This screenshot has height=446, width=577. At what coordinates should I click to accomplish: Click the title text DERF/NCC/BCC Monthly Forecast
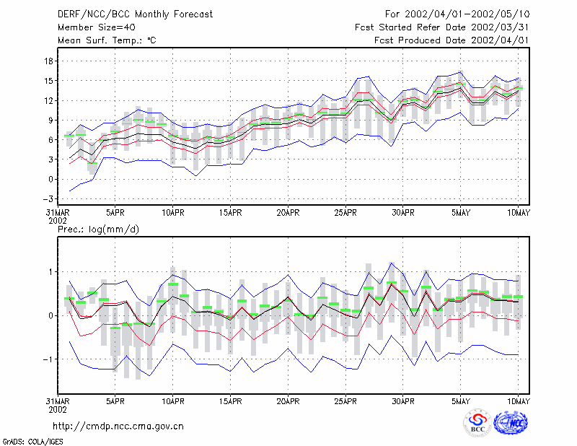tap(135, 14)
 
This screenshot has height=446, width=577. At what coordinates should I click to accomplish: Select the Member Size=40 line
tap(97, 27)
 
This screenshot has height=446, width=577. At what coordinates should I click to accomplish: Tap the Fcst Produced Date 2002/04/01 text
tap(452, 40)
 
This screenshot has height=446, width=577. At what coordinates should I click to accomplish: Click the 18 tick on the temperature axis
tap(48, 61)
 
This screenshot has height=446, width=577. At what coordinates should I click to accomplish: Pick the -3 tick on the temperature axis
tap(48, 199)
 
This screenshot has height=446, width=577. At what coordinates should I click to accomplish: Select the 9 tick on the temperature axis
tap(50, 120)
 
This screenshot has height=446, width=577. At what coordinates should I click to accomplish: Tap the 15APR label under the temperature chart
tap(230, 213)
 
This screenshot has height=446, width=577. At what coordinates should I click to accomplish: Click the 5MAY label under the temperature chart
tap(461, 213)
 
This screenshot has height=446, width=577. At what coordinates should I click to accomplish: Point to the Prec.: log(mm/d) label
tap(98, 229)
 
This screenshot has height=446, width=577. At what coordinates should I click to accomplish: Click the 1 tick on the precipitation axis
tap(51, 272)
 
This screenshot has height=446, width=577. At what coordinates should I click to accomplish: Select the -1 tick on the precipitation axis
tap(48, 359)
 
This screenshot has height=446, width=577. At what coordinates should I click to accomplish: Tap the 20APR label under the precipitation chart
tap(288, 401)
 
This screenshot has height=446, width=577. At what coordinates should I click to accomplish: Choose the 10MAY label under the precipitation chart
tap(518, 401)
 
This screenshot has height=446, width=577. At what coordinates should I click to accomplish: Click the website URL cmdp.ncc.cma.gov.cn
tap(118, 427)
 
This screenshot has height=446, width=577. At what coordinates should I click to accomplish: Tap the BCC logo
tap(477, 424)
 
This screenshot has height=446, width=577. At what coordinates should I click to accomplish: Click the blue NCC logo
tap(511, 423)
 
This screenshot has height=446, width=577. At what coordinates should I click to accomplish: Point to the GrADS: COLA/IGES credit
tap(32, 442)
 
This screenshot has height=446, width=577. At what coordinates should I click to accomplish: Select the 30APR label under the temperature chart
tap(403, 213)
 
